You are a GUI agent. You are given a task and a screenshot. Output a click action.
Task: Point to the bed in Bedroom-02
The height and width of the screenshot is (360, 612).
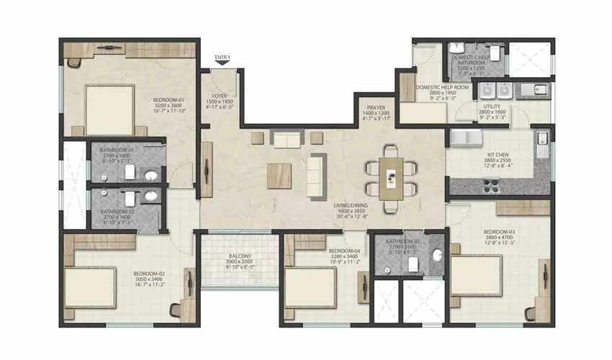tap(90, 289)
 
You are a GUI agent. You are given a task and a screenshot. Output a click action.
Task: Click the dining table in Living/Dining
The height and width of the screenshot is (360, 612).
tap(391, 178)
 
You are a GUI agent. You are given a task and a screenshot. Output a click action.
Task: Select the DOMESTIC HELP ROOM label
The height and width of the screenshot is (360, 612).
tap(442, 87)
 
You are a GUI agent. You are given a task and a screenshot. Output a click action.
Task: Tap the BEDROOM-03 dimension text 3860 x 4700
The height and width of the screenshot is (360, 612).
tap(498, 238)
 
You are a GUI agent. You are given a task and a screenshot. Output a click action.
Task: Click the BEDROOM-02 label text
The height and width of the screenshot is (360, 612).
tap(149, 274)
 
